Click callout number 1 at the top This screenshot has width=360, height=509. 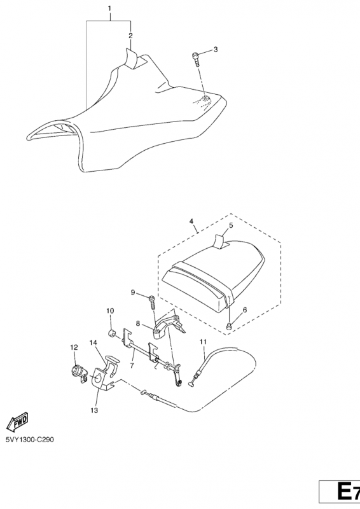[x=109, y=8]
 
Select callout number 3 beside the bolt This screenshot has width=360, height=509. [x=216, y=50]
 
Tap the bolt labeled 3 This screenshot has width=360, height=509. [x=197, y=59]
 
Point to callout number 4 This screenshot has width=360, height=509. [x=191, y=221]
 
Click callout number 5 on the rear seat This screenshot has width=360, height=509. [x=231, y=225]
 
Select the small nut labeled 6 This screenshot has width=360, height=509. [x=229, y=326]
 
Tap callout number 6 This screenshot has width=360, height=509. [x=244, y=310]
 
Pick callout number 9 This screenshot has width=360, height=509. [x=133, y=293]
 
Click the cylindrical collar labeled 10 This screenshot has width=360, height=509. [x=113, y=333]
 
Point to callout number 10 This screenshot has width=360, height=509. [x=110, y=310]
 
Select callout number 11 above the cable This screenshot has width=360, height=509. [x=203, y=342]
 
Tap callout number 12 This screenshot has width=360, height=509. [x=74, y=347]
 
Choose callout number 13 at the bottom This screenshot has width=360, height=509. [x=94, y=410]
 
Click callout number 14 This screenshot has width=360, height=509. [x=93, y=342]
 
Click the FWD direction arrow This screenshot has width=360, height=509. [x=18, y=422]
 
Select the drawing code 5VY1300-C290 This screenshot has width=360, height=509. [x=30, y=440]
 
